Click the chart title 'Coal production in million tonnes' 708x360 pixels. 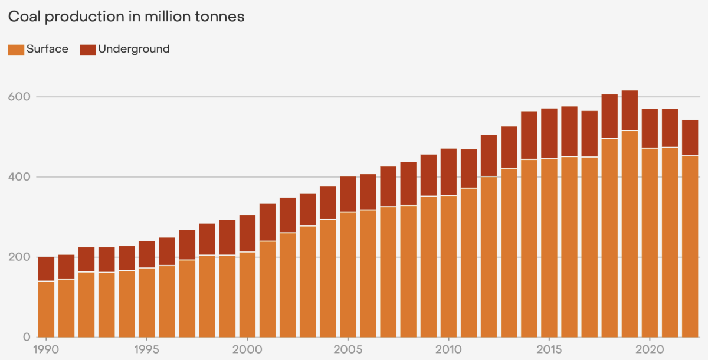click(x=126, y=17)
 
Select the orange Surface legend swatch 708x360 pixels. click(x=15, y=50)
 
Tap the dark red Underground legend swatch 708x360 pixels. click(x=87, y=50)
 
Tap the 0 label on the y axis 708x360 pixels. click(x=27, y=338)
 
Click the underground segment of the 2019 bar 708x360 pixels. click(x=630, y=110)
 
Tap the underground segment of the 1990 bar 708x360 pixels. click(x=46, y=269)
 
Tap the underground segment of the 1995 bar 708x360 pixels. click(x=147, y=254)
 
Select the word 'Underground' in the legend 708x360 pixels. click(x=134, y=49)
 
